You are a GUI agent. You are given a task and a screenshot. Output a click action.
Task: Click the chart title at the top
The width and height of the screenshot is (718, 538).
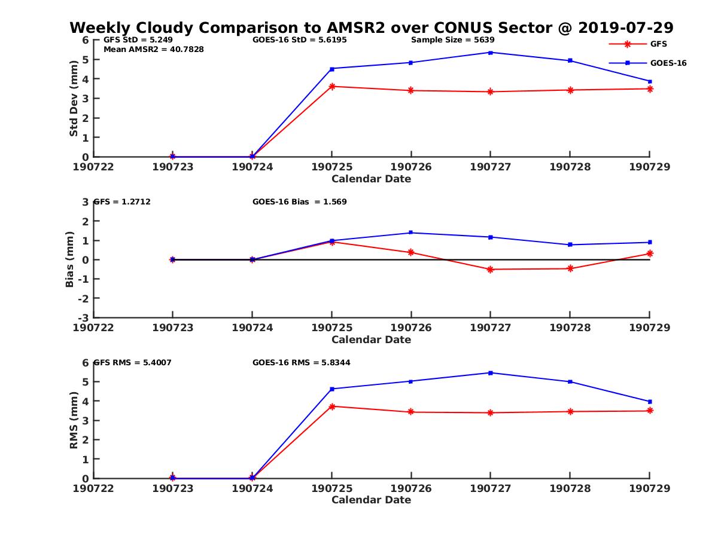[x=372, y=27]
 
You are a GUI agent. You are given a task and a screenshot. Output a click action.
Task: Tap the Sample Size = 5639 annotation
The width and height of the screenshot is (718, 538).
[x=452, y=40]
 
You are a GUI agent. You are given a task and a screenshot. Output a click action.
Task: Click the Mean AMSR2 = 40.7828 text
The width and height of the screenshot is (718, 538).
[x=153, y=50]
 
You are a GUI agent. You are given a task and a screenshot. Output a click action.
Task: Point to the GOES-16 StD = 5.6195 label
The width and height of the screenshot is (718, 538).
[x=300, y=40]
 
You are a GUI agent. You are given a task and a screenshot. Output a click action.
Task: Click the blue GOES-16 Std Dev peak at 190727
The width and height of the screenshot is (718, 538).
[x=491, y=53]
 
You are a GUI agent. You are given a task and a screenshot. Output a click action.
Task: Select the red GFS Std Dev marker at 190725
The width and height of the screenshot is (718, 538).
[x=332, y=86]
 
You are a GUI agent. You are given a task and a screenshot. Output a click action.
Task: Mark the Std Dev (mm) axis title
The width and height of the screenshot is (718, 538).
[x=74, y=98]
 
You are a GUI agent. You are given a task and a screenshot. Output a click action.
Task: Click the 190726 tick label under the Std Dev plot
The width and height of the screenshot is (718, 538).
[x=411, y=167]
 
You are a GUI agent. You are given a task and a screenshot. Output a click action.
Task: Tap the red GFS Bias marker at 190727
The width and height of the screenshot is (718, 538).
[x=491, y=270]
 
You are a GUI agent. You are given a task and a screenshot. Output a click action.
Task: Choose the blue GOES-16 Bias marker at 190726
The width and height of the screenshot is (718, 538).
[x=411, y=233]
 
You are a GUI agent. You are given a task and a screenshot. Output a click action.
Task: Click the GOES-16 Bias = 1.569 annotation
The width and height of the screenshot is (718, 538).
[x=300, y=202]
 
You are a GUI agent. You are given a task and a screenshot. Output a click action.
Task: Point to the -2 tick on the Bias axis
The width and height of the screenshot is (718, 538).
[x=85, y=298]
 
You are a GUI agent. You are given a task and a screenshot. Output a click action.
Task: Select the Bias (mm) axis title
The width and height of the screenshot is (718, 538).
[x=70, y=260]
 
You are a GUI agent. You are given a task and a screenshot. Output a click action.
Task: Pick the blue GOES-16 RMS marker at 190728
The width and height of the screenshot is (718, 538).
[x=570, y=381]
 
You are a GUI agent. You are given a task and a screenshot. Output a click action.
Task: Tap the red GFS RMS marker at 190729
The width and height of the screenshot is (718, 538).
[x=650, y=411]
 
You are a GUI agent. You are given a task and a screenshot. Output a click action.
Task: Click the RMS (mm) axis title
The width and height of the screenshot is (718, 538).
[x=74, y=420]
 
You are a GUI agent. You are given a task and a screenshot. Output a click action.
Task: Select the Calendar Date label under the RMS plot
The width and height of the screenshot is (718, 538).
[x=372, y=500]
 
